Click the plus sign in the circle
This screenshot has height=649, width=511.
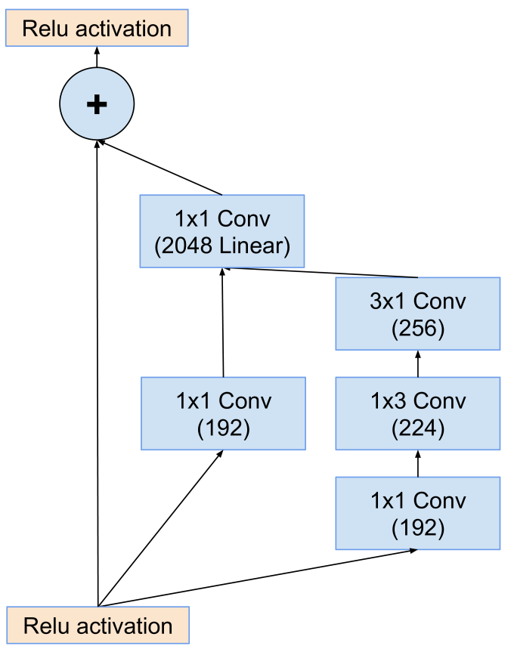[97, 104]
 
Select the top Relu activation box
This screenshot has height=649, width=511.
[97, 29]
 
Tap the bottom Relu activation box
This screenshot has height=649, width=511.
[98, 626]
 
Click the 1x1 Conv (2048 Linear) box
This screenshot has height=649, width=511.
[222, 231]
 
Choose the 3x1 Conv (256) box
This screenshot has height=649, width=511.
[418, 314]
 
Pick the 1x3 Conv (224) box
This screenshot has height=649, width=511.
[418, 413]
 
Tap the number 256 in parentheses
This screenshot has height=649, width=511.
[418, 329]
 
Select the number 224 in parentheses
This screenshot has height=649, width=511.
[418, 428]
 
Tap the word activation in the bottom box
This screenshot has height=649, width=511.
[125, 626]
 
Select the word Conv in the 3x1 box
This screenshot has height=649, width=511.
[440, 301]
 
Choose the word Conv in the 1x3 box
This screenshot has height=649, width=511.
[440, 400]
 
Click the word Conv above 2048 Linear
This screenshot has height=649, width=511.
[244, 219]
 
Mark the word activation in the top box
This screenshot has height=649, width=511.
[123, 29]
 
